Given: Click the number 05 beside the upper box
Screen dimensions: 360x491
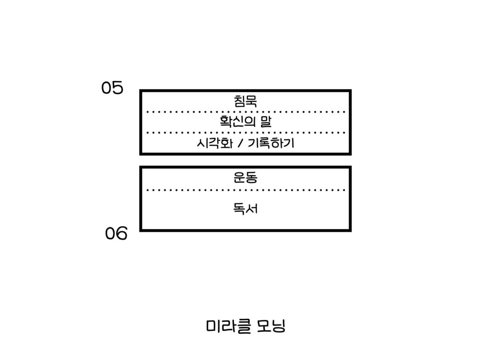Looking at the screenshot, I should click(112, 88).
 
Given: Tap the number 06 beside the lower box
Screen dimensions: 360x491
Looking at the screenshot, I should click(116, 234).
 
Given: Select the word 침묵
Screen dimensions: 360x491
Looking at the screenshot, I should click(245, 101).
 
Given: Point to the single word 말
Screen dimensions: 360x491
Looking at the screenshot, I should click(266, 122).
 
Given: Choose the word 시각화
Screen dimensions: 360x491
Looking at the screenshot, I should click(210, 143).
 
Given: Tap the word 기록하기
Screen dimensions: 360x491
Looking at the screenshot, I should click(270, 143).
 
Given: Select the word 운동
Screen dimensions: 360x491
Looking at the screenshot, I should click(245, 178).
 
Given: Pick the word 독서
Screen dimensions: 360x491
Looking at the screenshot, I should click(245, 209).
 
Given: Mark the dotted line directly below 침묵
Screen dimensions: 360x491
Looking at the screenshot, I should click(245, 112).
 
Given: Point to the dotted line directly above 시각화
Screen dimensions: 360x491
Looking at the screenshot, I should click(245, 132).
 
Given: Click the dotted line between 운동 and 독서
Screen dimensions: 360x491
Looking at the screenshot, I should click(245, 190).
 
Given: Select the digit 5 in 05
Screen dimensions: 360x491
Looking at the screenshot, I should click(118, 88).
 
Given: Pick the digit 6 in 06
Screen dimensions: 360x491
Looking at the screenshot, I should click(122, 234).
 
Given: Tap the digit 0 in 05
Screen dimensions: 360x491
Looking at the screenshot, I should click(106, 88).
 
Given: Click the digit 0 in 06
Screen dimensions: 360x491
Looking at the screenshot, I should click(110, 234).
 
